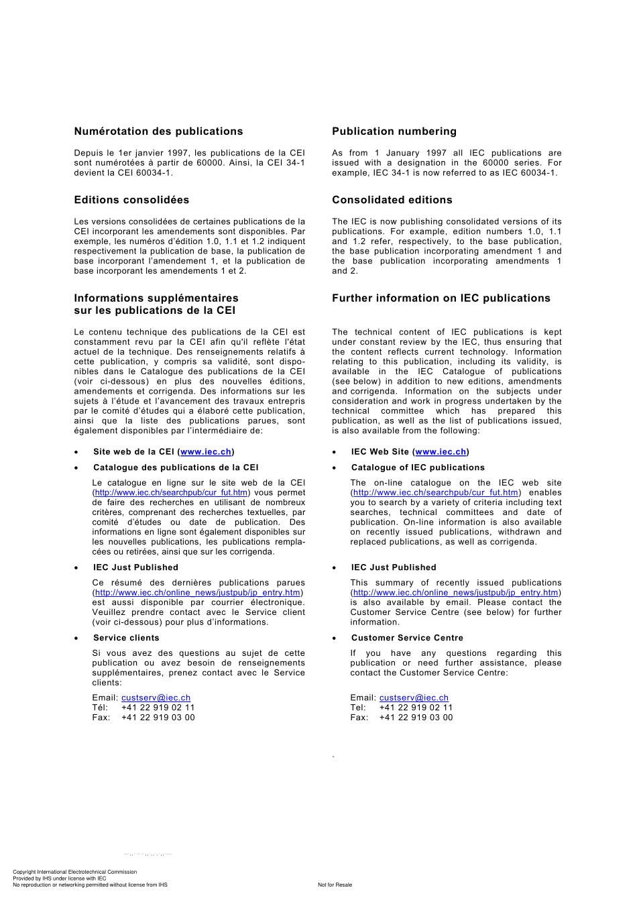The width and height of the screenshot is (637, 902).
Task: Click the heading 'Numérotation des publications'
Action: pyautogui.click(x=158, y=131)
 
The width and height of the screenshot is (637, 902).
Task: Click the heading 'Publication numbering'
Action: pyautogui.click(x=394, y=131)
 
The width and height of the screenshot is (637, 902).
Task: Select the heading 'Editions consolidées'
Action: pyautogui.click(x=131, y=200)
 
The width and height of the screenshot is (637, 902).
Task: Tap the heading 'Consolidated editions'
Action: pyautogui.click(x=392, y=200)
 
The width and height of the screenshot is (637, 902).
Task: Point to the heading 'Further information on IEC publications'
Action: pyautogui.click(x=441, y=298)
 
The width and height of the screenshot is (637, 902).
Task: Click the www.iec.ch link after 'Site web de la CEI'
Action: pyautogui.click(x=206, y=452)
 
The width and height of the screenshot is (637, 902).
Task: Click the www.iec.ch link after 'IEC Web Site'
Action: pyautogui.click(x=441, y=452)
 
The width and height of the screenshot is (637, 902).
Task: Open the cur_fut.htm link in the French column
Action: pyautogui.click(x=171, y=493)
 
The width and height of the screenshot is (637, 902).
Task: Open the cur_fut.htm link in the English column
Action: pyautogui.click(x=436, y=493)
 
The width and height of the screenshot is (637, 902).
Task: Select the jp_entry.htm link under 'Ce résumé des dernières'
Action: pyautogui.click(x=198, y=593)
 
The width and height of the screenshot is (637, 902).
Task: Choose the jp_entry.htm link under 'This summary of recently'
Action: pyautogui.click(x=456, y=593)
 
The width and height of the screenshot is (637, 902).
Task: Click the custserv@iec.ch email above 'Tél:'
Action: pyautogui.click(x=156, y=698)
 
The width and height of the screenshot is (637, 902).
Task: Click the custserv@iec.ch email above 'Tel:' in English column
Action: pyautogui.click(x=414, y=698)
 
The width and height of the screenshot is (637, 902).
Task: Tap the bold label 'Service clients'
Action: pyautogui.click(x=126, y=638)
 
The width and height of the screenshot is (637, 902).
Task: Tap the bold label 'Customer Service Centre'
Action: pyautogui.click(x=407, y=638)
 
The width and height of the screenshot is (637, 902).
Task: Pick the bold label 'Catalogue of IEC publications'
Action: pyautogui.click(x=418, y=468)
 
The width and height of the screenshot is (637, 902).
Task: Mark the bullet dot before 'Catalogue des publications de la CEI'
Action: pyautogui.click(x=76, y=468)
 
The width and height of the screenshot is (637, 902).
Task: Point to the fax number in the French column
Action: pyautogui.click(x=158, y=718)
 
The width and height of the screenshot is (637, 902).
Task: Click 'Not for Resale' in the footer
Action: pyautogui.click(x=335, y=885)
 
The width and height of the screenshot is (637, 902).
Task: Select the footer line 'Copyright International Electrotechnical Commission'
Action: pyautogui.click(x=74, y=872)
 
